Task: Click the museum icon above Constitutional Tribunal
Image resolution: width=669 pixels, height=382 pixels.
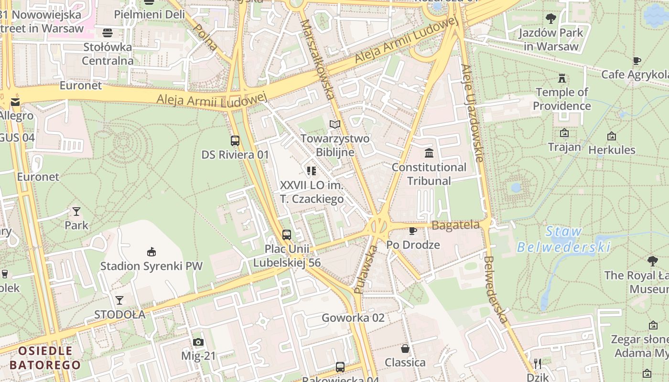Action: tap(429, 153)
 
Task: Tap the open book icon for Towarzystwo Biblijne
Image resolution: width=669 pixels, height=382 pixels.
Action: tap(335, 125)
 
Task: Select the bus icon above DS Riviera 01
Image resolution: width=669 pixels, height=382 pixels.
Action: tap(235, 141)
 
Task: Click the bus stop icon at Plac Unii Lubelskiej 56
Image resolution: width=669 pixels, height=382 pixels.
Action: tap(287, 234)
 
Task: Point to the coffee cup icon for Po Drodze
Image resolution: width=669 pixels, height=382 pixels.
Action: tap(413, 231)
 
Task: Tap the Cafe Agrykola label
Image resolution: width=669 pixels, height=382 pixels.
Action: tap(635, 74)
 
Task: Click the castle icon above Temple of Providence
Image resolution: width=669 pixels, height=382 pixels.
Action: tap(562, 78)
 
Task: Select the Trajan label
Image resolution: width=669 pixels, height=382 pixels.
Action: tap(564, 147)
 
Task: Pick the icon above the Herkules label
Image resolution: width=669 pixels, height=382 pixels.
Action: tap(611, 137)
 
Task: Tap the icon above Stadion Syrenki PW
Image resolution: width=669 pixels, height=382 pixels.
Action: tap(151, 252)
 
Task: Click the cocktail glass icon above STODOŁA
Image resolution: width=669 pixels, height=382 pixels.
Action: tap(119, 300)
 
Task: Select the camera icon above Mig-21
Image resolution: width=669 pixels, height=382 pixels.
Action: tap(198, 342)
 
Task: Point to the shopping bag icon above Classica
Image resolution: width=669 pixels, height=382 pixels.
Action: tap(405, 349)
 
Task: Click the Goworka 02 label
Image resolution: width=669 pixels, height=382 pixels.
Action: tap(353, 318)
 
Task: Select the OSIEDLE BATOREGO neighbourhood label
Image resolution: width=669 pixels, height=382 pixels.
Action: tap(45, 358)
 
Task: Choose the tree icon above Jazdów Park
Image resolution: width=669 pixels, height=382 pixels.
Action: tap(551, 19)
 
